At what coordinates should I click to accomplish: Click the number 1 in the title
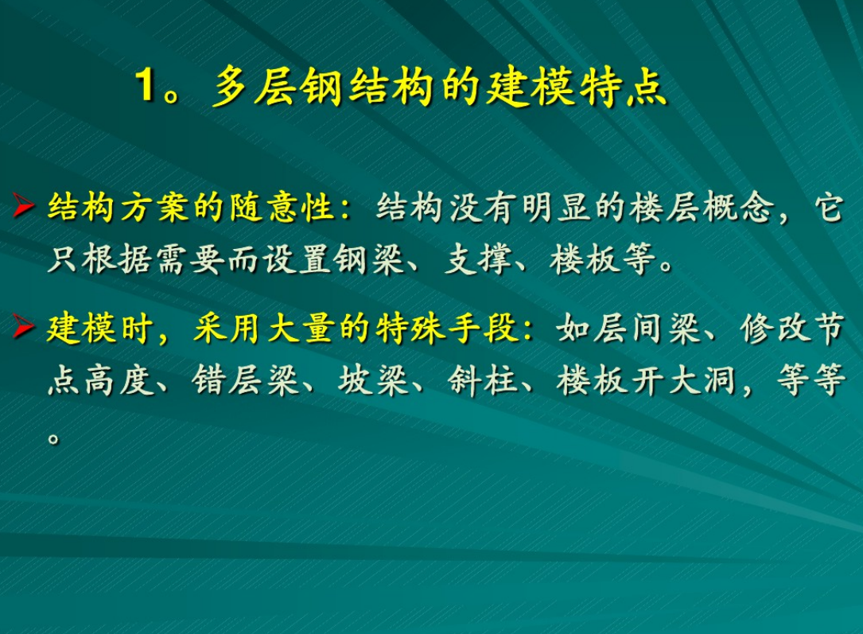point(146,85)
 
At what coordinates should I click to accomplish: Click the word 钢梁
point(371,259)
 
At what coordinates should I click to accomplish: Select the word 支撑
point(478,259)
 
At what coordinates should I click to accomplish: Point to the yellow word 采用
point(228,329)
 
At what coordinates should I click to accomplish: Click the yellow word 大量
point(301,329)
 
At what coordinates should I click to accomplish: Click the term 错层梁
point(246,380)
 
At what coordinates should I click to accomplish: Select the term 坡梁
point(373,380)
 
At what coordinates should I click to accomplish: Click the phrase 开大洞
point(683,380)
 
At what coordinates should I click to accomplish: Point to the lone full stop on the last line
point(53,438)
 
